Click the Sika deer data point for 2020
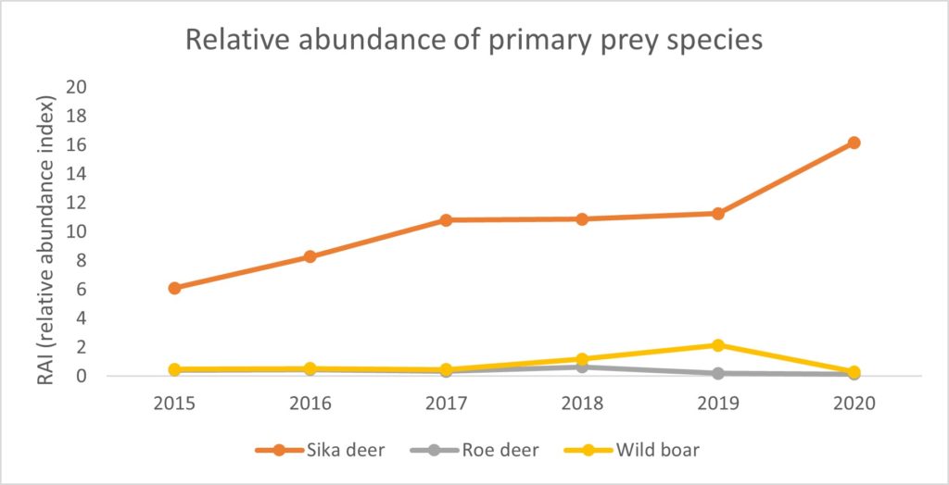click(854, 143)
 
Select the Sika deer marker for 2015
click(174, 288)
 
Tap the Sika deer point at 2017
click(446, 219)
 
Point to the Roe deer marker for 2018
click(582, 367)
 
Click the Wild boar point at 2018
click(582, 359)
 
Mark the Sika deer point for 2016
click(310, 256)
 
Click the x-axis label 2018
click(582, 404)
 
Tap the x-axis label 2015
click(174, 404)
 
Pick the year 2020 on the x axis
click(854, 404)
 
